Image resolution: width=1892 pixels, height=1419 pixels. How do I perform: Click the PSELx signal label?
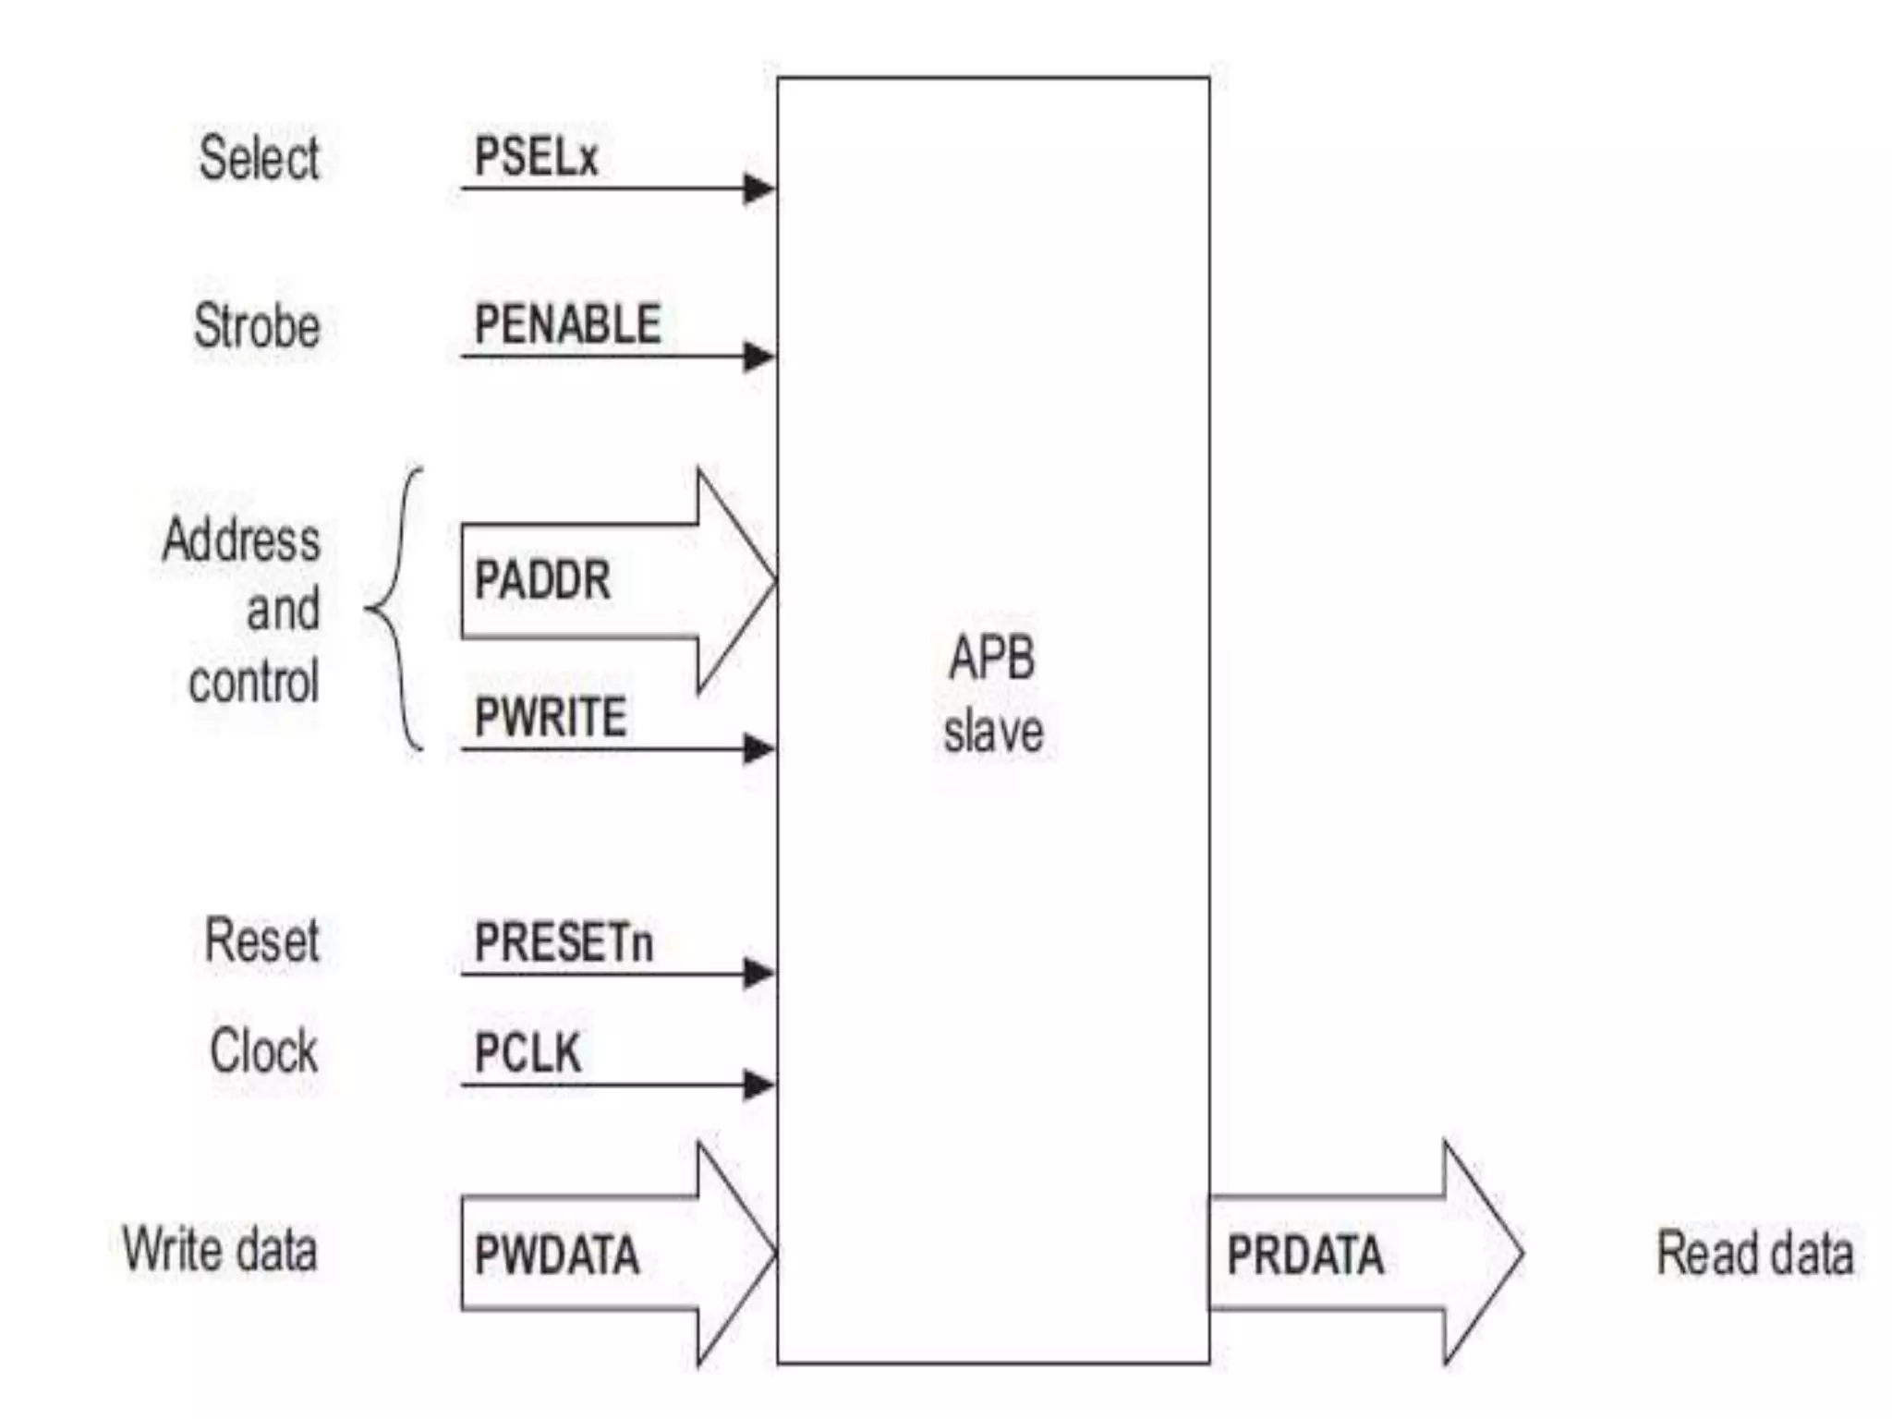click(536, 156)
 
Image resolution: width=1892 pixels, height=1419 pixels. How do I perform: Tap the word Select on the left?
click(260, 158)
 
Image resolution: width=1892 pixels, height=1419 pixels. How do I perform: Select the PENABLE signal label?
click(567, 324)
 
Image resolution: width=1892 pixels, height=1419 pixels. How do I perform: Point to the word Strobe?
click(257, 326)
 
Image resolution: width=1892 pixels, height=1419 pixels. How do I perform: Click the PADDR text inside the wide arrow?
click(542, 580)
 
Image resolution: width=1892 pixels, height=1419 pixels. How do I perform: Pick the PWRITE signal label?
click(551, 717)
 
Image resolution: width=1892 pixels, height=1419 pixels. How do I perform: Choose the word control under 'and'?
click(254, 682)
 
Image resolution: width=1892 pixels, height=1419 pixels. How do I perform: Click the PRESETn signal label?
click(564, 942)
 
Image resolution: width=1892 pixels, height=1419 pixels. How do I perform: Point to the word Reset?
click(261, 940)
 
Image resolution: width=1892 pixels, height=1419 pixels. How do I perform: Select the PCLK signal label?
click(528, 1052)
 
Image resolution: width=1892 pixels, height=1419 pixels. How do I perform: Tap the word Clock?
click(263, 1050)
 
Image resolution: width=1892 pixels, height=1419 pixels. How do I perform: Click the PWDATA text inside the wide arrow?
click(556, 1255)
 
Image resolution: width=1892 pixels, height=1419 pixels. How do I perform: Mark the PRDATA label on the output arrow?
click(1305, 1255)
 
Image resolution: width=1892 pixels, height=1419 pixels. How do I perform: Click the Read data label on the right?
click(1754, 1254)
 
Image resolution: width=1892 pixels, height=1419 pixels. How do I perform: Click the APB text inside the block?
click(992, 659)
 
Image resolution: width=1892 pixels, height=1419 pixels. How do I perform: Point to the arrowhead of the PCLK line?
click(759, 1085)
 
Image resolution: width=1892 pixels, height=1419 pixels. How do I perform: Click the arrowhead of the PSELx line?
click(759, 188)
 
